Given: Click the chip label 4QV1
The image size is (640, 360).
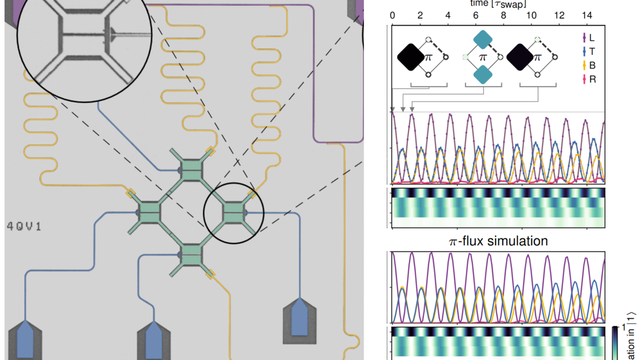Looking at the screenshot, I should (24, 226).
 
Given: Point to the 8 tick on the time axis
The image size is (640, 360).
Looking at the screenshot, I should (504, 16).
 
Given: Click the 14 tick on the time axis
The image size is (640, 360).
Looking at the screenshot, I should (587, 16).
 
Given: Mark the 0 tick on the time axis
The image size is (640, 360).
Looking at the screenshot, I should (392, 16).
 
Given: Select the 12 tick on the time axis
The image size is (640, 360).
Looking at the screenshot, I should (559, 16).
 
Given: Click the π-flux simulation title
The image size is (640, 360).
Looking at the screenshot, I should (498, 241).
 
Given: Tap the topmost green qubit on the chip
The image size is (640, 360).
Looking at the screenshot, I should (192, 169).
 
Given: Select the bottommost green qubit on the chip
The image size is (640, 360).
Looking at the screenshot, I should (192, 255).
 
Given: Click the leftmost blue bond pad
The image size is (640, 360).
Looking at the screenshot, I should (25, 340).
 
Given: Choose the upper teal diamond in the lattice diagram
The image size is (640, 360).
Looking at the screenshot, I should (483, 40).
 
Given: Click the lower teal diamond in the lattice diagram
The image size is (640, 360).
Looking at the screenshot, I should (483, 74).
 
